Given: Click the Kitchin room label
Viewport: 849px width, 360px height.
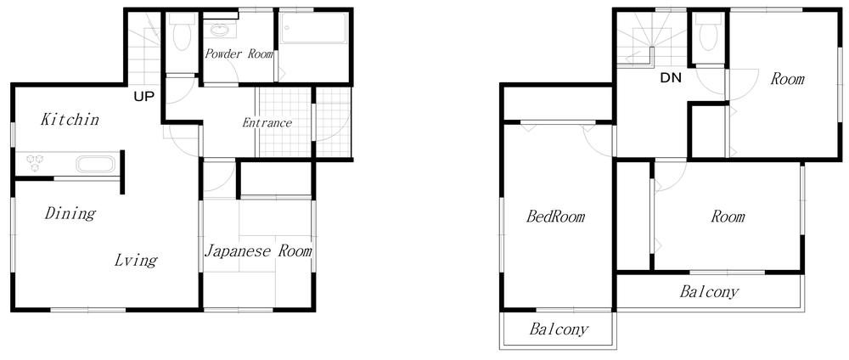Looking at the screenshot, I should click(70, 120).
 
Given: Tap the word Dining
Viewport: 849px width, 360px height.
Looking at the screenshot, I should click(70, 213).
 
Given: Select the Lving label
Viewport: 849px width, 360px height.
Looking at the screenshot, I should click(136, 260).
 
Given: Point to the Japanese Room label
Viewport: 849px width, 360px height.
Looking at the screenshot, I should click(258, 251).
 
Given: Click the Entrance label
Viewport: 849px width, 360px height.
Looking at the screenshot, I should click(267, 123).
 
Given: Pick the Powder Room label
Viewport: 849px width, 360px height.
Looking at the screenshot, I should click(239, 54).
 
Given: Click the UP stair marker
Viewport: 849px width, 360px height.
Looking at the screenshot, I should click(143, 95).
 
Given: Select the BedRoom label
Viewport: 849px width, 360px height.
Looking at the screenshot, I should click(555, 217).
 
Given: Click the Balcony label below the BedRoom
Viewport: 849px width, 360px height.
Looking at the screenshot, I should click(559, 329).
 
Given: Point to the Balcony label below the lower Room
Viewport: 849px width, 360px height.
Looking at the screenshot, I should click(709, 292).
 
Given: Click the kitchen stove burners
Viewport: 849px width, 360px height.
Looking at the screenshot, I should click(37, 161).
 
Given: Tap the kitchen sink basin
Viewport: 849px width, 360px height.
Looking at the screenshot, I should click(95, 164).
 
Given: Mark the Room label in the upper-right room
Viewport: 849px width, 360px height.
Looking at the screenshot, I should click(787, 79).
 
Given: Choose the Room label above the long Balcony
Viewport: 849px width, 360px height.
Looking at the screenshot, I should click(728, 217).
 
